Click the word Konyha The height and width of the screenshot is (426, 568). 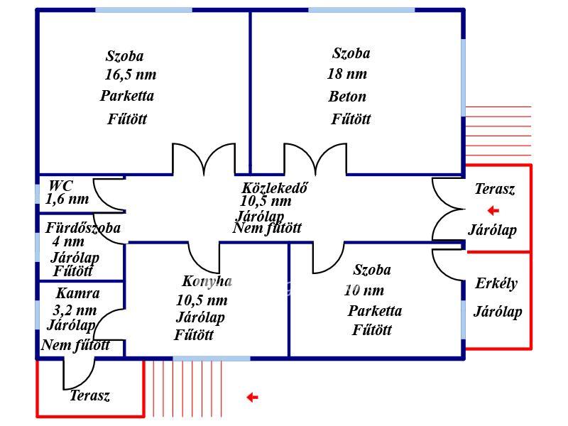tap(207, 281)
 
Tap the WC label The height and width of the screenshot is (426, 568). tap(60, 186)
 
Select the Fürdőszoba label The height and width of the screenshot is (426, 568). tap(83, 228)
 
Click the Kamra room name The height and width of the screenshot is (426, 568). tap(78, 293)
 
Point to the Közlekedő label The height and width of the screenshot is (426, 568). tap(274, 188)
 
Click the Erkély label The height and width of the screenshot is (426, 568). tap(496, 283)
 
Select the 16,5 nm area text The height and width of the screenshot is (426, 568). tap(131, 75)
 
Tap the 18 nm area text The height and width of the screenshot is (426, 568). tap(347, 74)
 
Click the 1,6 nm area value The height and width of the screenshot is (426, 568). tap(67, 199)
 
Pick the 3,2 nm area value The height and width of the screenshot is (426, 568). tap(75, 310)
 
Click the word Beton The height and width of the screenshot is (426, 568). tap(347, 97)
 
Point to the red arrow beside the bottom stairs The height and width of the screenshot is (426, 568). tap(252, 398)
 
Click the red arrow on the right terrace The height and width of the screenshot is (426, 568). tap(493, 210)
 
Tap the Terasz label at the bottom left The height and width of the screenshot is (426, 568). tap(89, 395)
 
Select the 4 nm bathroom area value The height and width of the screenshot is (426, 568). tap(68, 241)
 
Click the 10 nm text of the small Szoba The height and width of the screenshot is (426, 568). tap(364, 290)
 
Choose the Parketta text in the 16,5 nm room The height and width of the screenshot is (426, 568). tap(127, 96)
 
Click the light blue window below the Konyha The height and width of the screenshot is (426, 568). tap(212, 359)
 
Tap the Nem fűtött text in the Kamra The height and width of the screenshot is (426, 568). tap(75, 345)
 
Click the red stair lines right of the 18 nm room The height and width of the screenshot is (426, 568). tap(498, 131)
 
